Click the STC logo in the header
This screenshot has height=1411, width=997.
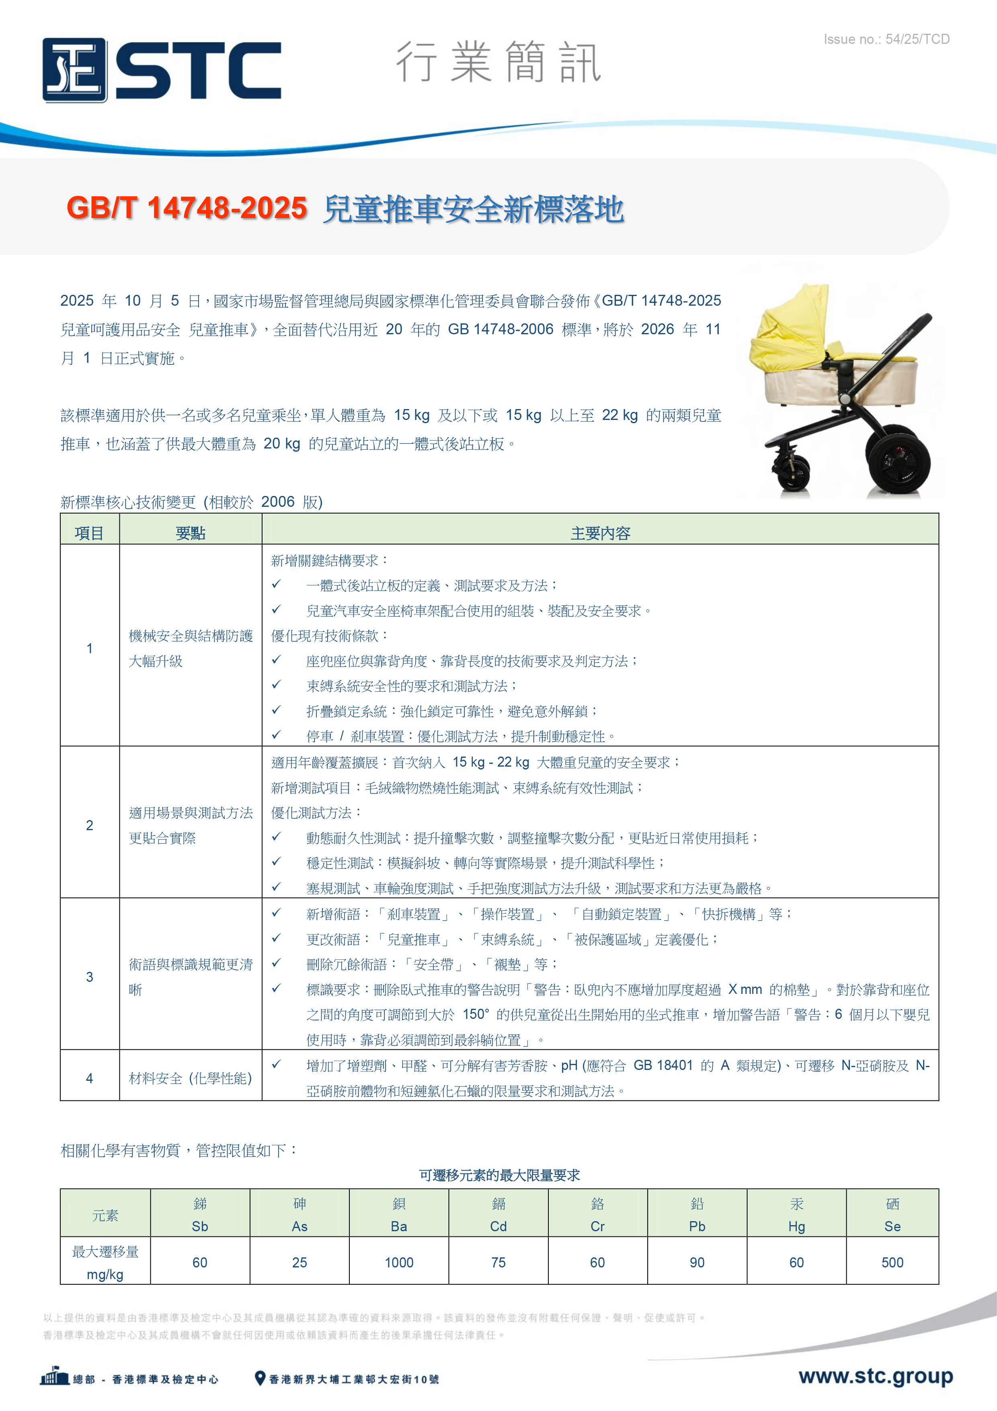tap(162, 70)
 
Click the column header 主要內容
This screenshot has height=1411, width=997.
tap(600, 533)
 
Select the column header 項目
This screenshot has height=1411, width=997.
tap(90, 533)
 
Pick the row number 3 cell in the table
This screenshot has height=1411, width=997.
tap(90, 977)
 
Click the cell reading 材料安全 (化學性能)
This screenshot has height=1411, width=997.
tap(191, 1078)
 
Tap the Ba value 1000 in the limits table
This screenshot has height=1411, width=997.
tap(399, 1262)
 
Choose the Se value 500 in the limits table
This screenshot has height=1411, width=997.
tap(892, 1262)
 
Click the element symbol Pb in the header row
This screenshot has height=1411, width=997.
tap(697, 1226)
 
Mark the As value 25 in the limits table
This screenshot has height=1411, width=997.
tap(299, 1262)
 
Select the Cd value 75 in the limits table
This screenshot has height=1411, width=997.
tap(498, 1262)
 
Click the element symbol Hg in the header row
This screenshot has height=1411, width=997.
tap(796, 1226)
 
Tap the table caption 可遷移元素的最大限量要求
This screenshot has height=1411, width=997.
tap(499, 1175)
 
